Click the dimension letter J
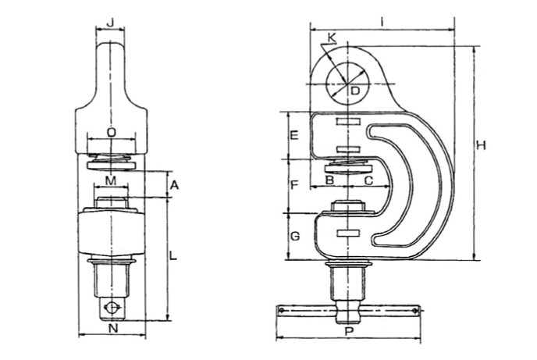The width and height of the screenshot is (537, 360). (x=110, y=23)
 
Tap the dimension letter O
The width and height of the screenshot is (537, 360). (x=112, y=132)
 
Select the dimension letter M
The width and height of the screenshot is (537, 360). (x=111, y=180)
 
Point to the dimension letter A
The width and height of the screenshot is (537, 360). (x=174, y=185)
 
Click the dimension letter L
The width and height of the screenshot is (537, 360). (x=173, y=255)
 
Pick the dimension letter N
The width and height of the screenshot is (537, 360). (x=113, y=329)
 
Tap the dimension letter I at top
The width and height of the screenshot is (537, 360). (x=382, y=22)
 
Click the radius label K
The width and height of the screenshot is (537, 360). (x=332, y=38)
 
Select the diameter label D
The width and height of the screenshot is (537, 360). (x=355, y=91)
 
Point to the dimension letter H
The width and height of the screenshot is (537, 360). (x=481, y=145)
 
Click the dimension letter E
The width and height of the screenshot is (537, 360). (x=294, y=136)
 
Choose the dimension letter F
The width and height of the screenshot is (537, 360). (x=294, y=185)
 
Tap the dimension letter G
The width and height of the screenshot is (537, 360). (x=295, y=236)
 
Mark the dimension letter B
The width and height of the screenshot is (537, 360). (x=329, y=180)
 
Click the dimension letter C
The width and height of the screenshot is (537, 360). (x=368, y=180)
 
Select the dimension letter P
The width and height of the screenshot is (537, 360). (x=349, y=332)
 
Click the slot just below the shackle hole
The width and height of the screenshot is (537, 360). (x=348, y=122)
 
